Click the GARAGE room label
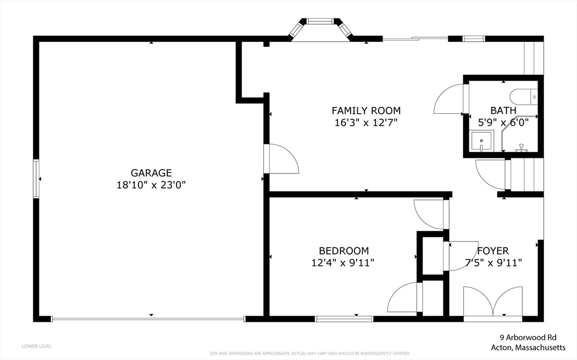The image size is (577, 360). point(151,173)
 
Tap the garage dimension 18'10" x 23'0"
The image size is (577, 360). point(151,184)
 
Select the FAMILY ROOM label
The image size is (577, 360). point(366,110)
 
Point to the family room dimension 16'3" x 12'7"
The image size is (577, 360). point(366,122)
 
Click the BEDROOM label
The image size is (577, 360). point(344,251)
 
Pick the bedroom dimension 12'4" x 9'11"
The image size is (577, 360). point(344,262)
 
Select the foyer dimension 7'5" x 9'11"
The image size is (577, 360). point(494,262)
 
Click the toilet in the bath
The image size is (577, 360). point(524,97)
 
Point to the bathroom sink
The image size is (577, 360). point(482,141)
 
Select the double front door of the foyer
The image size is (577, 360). point(492,304)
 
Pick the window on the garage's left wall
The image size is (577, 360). point(36,179)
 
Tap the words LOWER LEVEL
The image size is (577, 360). point(37,346)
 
